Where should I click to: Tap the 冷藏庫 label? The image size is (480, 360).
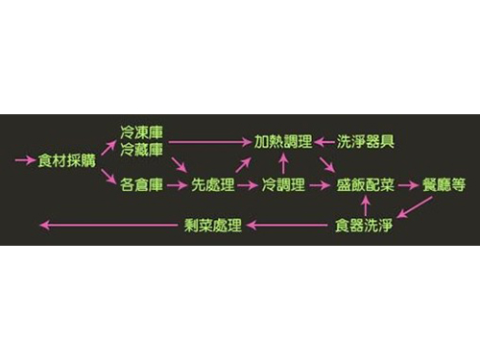[141, 150]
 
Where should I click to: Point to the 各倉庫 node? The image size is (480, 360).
[141, 182]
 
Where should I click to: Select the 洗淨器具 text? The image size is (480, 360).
[366, 141]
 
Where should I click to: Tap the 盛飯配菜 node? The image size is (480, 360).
[365, 182]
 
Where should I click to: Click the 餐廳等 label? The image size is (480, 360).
[444, 182]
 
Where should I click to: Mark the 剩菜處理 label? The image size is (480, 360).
[212, 227]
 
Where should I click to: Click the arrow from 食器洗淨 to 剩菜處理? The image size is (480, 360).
[288, 227]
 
